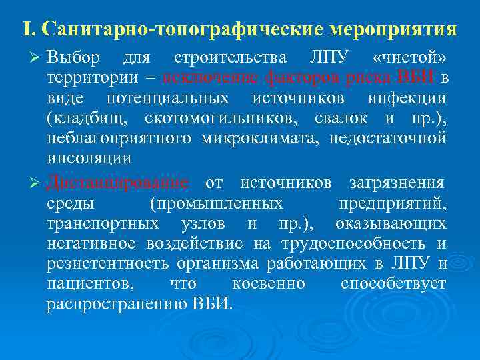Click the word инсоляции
click(x=89, y=159)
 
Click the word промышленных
click(x=216, y=203)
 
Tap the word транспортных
click(x=103, y=223)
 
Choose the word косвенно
click(x=269, y=283)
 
